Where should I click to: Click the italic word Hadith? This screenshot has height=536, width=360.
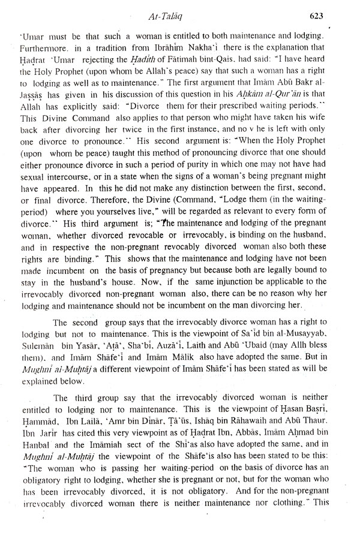[154, 58]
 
